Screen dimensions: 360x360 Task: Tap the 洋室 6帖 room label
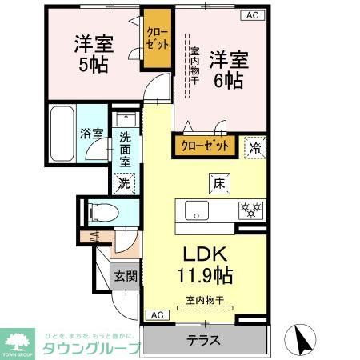[x=227, y=69]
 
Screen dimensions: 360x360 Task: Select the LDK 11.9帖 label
[x=206, y=265]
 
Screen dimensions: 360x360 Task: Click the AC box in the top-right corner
[x=251, y=15]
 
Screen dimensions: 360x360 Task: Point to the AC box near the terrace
[x=156, y=314]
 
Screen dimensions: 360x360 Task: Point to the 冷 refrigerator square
[x=254, y=147]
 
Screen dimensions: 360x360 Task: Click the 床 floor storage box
[x=217, y=183]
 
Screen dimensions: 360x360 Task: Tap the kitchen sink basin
[x=197, y=210]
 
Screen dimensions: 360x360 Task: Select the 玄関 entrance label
[x=123, y=277]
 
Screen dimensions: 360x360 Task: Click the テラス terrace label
[x=203, y=338]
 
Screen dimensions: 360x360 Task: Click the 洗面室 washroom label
[x=125, y=148]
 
